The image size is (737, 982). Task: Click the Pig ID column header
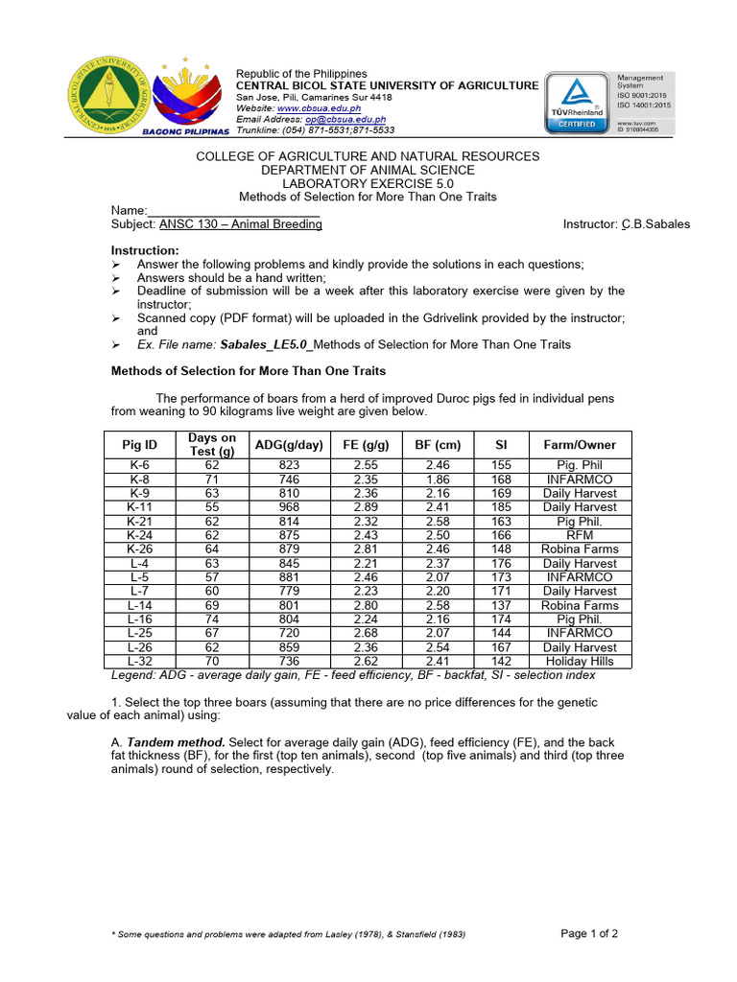click(139, 445)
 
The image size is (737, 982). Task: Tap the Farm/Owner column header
click(580, 445)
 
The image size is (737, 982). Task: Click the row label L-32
click(139, 661)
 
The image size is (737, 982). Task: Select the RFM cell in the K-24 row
click(580, 535)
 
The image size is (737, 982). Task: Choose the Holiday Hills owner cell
click(580, 661)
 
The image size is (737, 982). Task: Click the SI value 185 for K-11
click(501, 507)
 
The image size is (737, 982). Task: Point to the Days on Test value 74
click(212, 620)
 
